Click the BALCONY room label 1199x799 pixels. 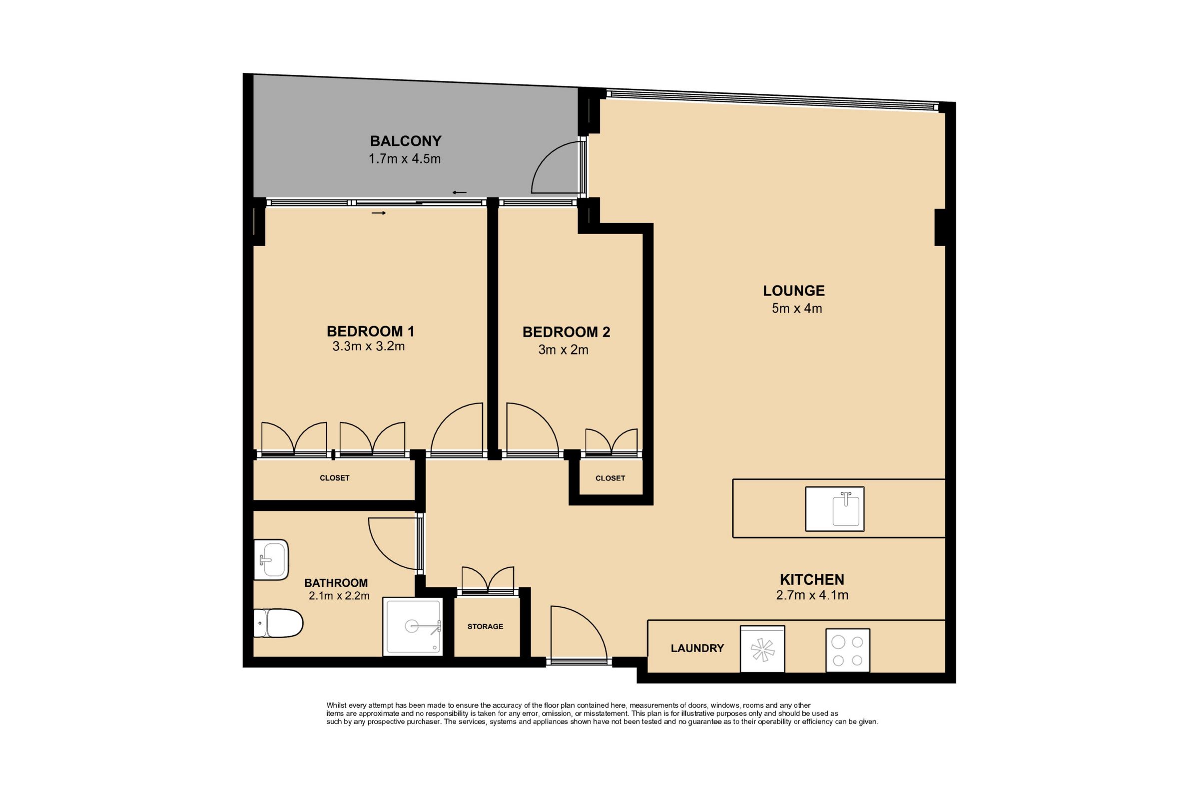click(405, 141)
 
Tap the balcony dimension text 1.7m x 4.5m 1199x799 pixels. click(405, 158)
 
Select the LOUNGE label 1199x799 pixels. click(794, 291)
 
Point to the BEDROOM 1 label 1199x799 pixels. click(370, 331)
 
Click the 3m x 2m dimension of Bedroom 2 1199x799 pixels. click(564, 350)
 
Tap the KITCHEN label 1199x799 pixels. click(812, 579)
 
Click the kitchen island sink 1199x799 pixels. click(834, 508)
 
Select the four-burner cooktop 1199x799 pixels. click(848, 650)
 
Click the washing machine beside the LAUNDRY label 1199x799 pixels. click(762, 649)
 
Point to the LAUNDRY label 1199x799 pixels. click(697, 648)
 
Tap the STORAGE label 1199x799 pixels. click(485, 626)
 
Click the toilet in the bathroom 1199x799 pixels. click(278, 623)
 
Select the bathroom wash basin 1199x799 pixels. click(271, 559)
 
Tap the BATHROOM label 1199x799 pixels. click(336, 583)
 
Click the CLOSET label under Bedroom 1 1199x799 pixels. click(334, 478)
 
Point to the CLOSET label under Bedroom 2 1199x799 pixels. click(610, 478)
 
